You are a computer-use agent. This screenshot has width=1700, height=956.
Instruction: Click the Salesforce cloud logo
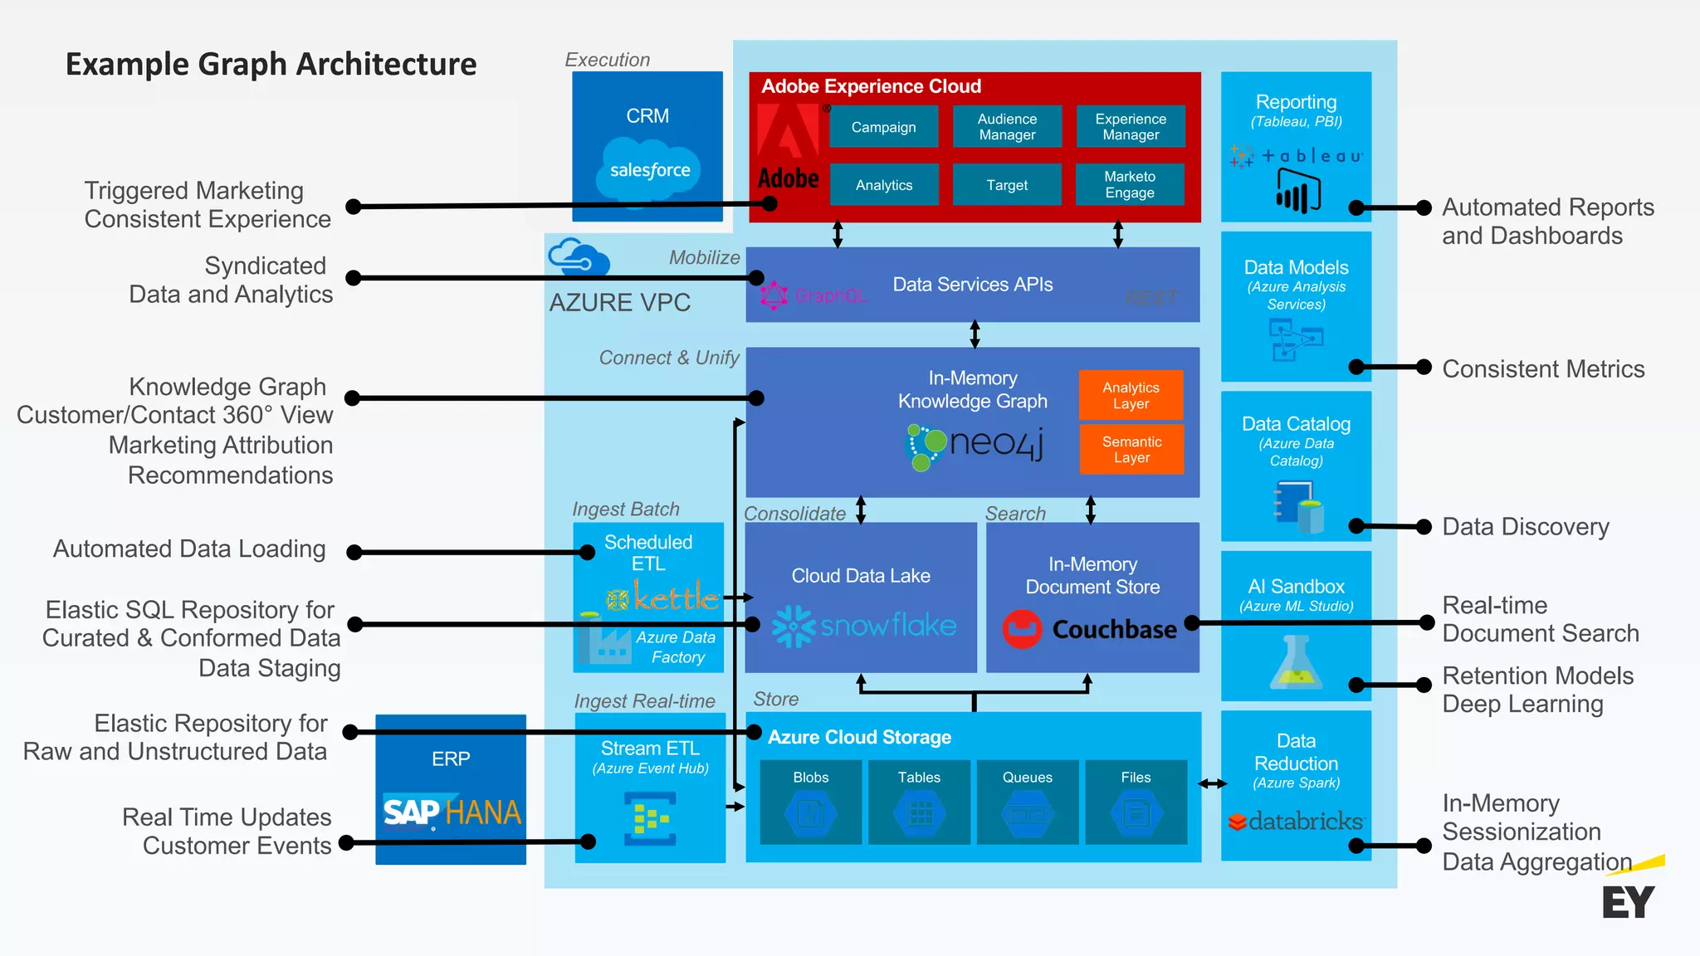[650, 169]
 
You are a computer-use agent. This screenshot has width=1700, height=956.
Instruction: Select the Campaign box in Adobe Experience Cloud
[883, 127]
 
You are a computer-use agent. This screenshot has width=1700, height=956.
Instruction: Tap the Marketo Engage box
[1130, 184]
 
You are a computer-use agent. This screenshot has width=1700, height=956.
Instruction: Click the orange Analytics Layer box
[1131, 395]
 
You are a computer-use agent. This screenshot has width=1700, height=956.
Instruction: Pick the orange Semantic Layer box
[1131, 449]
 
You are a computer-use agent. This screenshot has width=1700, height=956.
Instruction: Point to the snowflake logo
[864, 626]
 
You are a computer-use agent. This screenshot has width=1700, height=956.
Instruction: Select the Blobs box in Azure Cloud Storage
[810, 802]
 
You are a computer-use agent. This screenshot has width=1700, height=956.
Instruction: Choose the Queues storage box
[1027, 802]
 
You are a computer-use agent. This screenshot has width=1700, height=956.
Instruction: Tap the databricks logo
[1296, 822]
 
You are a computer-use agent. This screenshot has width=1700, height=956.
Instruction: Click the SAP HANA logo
[452, 812]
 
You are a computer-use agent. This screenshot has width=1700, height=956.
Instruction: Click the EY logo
[1629, 901]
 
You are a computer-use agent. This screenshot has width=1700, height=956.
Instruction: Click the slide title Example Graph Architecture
[271, 64]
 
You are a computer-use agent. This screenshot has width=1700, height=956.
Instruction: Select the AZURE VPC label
[619, 303]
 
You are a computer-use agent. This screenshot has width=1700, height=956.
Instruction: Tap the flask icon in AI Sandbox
[1296, 664]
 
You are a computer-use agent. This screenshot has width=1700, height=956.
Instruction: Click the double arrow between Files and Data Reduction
[1212, 783]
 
